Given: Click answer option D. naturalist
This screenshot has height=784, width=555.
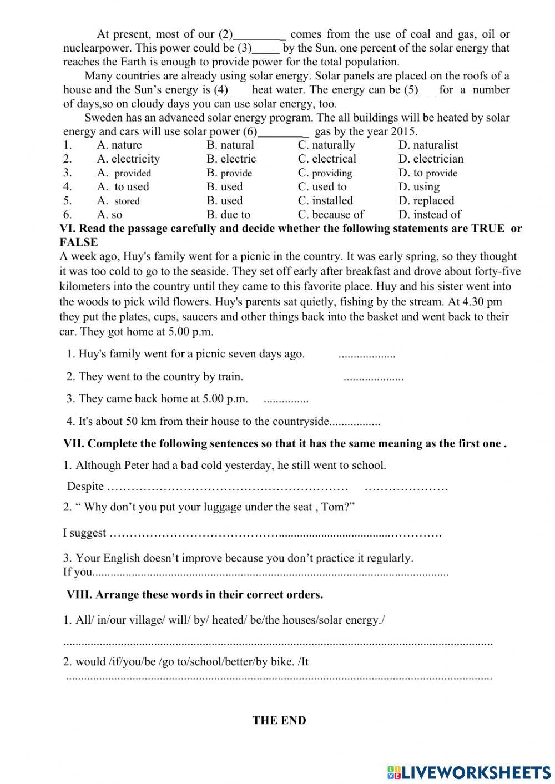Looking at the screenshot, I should pos(428,145).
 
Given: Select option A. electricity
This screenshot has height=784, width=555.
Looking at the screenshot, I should pos(128,159).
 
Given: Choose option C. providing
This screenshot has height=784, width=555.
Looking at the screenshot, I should pos(325,173).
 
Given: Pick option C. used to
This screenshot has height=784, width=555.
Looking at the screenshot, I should pos(322,187).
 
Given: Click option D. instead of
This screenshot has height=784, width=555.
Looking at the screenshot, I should pos(430,215).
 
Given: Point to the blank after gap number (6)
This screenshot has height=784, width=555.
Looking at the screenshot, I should pos(283,132).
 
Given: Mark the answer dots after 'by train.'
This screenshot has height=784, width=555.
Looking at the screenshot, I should pos(374,378).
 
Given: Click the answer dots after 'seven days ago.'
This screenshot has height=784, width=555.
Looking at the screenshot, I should pos(366,355).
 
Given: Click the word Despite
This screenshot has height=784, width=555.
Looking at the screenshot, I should pos(85,487).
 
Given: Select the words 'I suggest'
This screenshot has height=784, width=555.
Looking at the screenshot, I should pos(84,533).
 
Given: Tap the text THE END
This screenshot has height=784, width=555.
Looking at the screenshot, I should pos(279,721).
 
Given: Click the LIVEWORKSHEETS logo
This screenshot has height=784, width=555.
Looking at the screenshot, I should pos(469,772).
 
